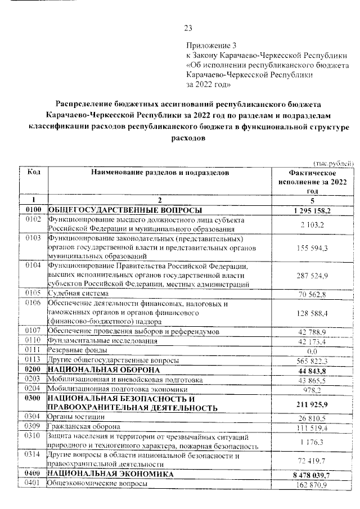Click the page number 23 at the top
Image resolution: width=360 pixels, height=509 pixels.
tap(188, 29)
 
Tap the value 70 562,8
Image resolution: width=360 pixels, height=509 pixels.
tap(312, 294)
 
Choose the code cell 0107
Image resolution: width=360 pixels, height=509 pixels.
tap(33, 331)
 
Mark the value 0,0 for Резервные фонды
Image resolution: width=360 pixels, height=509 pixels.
tap(312, 350)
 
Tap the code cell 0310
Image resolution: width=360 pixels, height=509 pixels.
tap(33, 436)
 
